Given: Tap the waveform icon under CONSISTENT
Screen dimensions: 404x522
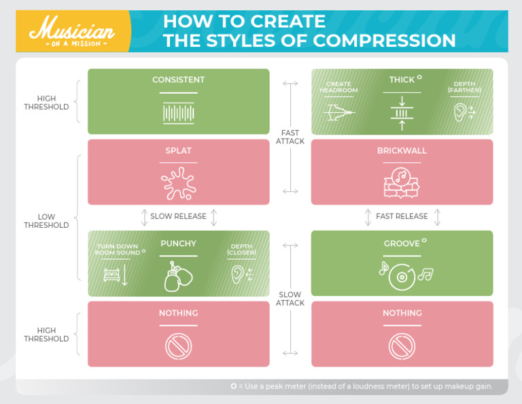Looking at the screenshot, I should point(179,112).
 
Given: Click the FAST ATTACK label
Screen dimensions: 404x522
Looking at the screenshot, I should point(290,137).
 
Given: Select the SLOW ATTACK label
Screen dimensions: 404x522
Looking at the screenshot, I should point(290,299).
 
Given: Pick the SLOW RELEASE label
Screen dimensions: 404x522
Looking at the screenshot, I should point(178,216).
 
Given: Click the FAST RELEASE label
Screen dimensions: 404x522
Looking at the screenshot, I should point(402,216).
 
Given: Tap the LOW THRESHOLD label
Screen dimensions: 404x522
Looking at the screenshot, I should point(47,221).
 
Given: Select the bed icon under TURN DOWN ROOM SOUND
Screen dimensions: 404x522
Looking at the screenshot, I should point(111,273).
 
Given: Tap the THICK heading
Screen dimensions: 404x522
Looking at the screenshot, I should point(402,80).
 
